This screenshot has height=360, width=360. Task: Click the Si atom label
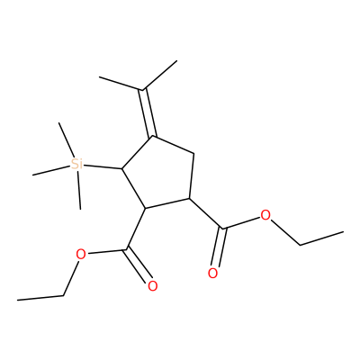[76, 164]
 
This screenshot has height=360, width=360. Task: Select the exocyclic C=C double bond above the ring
[148, 112]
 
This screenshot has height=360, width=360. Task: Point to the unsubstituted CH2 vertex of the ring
[193, 154]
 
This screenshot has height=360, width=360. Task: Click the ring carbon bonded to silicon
[121, 168]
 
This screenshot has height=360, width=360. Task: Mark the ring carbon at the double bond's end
[152, 137]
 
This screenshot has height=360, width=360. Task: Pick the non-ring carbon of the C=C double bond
[142, 89]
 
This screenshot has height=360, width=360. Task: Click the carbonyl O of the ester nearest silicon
[152, 286]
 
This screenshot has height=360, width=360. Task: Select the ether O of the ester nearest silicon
[81, 255]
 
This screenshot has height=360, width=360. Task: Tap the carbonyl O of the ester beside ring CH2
[212, 274]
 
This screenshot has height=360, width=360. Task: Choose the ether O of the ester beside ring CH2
[265, 215]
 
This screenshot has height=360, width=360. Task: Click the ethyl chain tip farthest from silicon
[343, 232]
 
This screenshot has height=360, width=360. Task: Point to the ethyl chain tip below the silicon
[17, 300]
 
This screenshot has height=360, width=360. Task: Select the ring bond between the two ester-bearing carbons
[167, 203]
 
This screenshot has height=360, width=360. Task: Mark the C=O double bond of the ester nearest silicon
[139, 265]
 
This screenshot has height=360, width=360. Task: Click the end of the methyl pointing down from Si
[80, 209]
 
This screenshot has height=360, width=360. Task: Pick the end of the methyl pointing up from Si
[59, 122]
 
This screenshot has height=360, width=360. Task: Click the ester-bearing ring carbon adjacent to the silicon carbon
[145, 209]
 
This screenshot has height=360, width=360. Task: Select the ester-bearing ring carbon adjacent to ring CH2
[190, 198]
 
